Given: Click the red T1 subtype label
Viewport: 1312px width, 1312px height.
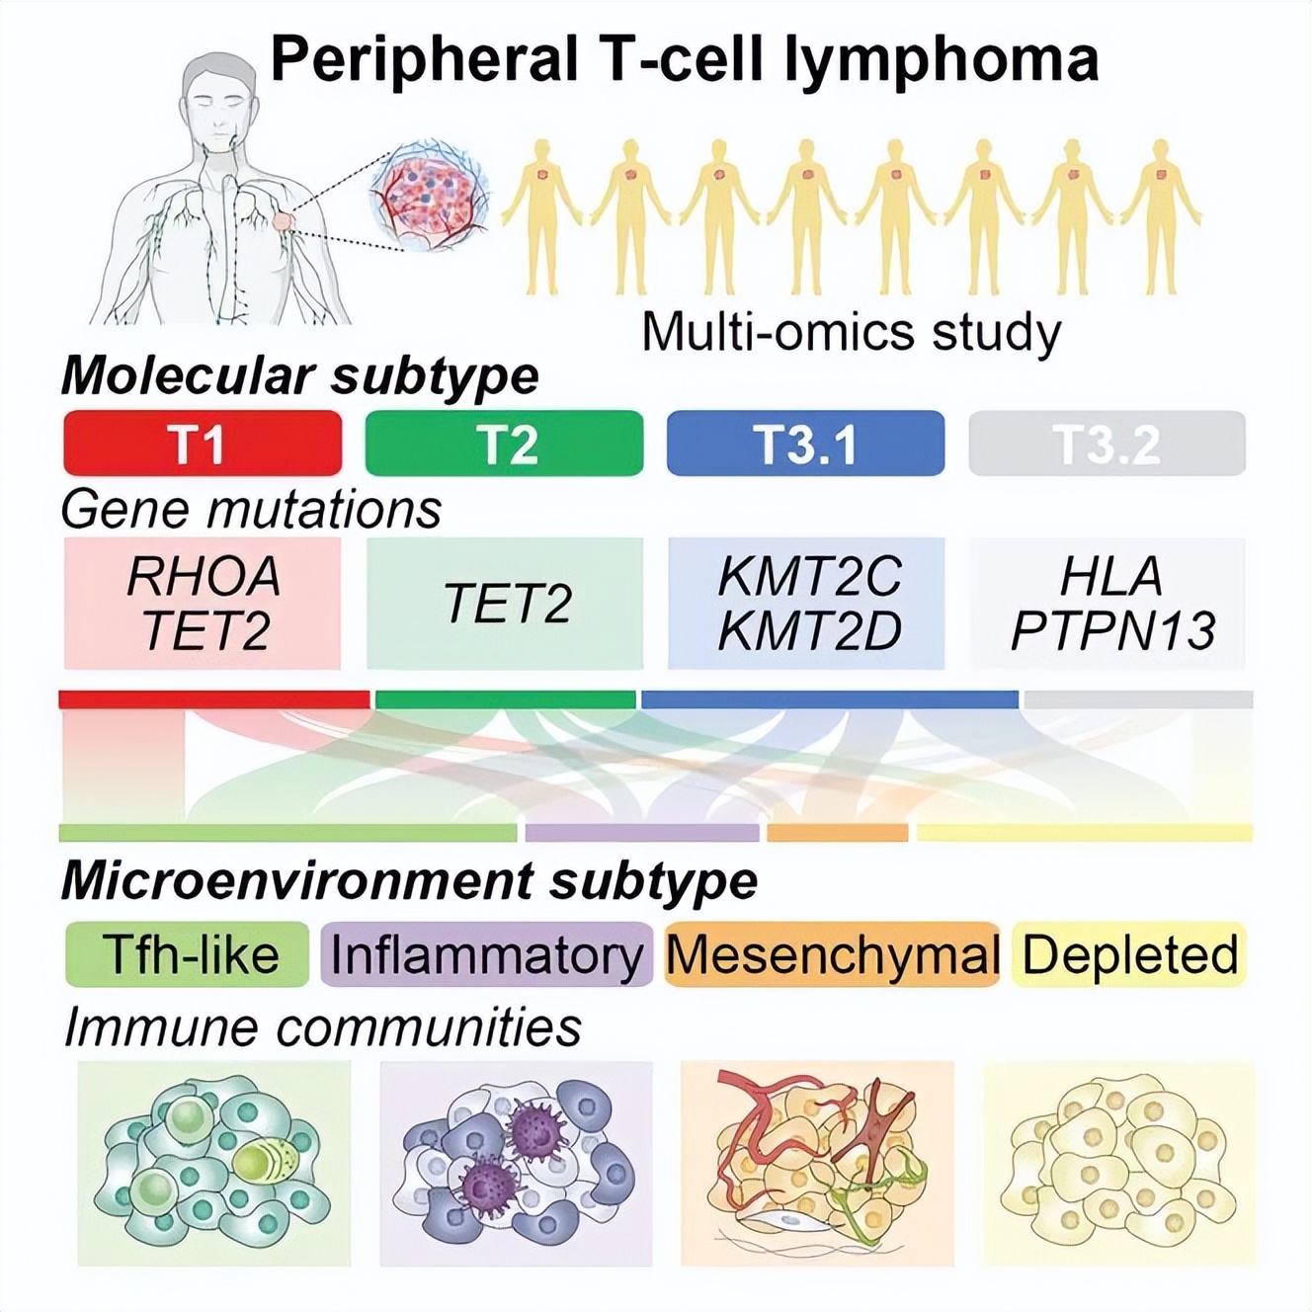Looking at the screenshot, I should [203, 444].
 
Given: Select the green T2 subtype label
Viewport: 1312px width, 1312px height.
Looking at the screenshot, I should [504, 444].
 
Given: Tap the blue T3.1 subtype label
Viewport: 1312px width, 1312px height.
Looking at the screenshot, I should [805, 444].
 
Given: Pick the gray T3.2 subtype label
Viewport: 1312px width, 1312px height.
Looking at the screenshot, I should [1107, 444].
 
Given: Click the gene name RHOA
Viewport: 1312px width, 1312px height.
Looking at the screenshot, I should [204, 577].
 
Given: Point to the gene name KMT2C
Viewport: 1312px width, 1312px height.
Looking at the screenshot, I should [809, 577].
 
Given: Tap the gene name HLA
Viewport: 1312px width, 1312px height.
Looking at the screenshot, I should [1110, 577].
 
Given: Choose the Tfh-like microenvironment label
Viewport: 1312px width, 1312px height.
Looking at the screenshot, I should [188, 954].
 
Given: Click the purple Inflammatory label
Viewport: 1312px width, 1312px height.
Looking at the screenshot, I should [486, 954].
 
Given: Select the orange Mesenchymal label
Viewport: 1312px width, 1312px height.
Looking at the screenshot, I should [832, 954].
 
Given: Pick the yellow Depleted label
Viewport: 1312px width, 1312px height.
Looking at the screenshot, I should [1129, 954].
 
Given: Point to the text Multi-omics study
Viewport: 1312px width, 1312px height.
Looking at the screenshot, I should [851, 332].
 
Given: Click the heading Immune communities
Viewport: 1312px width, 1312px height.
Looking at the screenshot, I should [322, 1027].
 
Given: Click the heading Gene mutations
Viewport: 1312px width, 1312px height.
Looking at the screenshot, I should [251, 510].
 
